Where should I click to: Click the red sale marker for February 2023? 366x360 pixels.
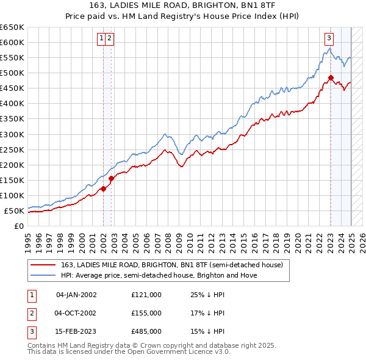point(331,77)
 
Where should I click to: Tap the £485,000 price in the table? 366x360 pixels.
point(146,332)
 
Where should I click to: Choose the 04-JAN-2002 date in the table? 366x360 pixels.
point(76,295)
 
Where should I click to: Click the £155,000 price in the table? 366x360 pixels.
point(146,313)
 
